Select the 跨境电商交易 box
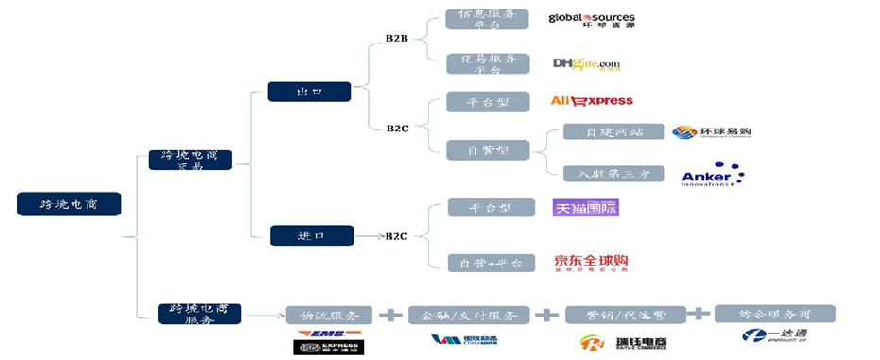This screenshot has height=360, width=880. pyautogui.click(x=190, y=160)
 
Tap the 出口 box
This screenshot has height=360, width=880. pyautogui.click(x=309, y=92)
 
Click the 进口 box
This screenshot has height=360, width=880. pyautogui.click(x=312, y=235)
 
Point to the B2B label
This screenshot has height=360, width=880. pyautogui.click(x=397, y=39)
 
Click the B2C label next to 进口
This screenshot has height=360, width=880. pyautogui.click(x=396, y=236)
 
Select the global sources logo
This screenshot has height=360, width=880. pyautogui.click(x=592, y=20)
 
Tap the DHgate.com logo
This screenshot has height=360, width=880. pyautogui.click(x=587, y=64)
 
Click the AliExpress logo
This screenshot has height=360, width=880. pyautogui.click(x=592, y=101)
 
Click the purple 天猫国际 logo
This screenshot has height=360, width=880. pyautogui.click(x=585, y=207)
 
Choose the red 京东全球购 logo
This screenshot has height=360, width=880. pyautogui.click(x=591, y=263)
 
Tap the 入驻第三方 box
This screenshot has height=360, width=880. pyautogui.click(x=613, y=174)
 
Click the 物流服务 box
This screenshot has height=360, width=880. pyautogui.click(x=329, y=316)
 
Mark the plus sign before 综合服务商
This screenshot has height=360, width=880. pyautogui.click(x=698, y=314)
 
